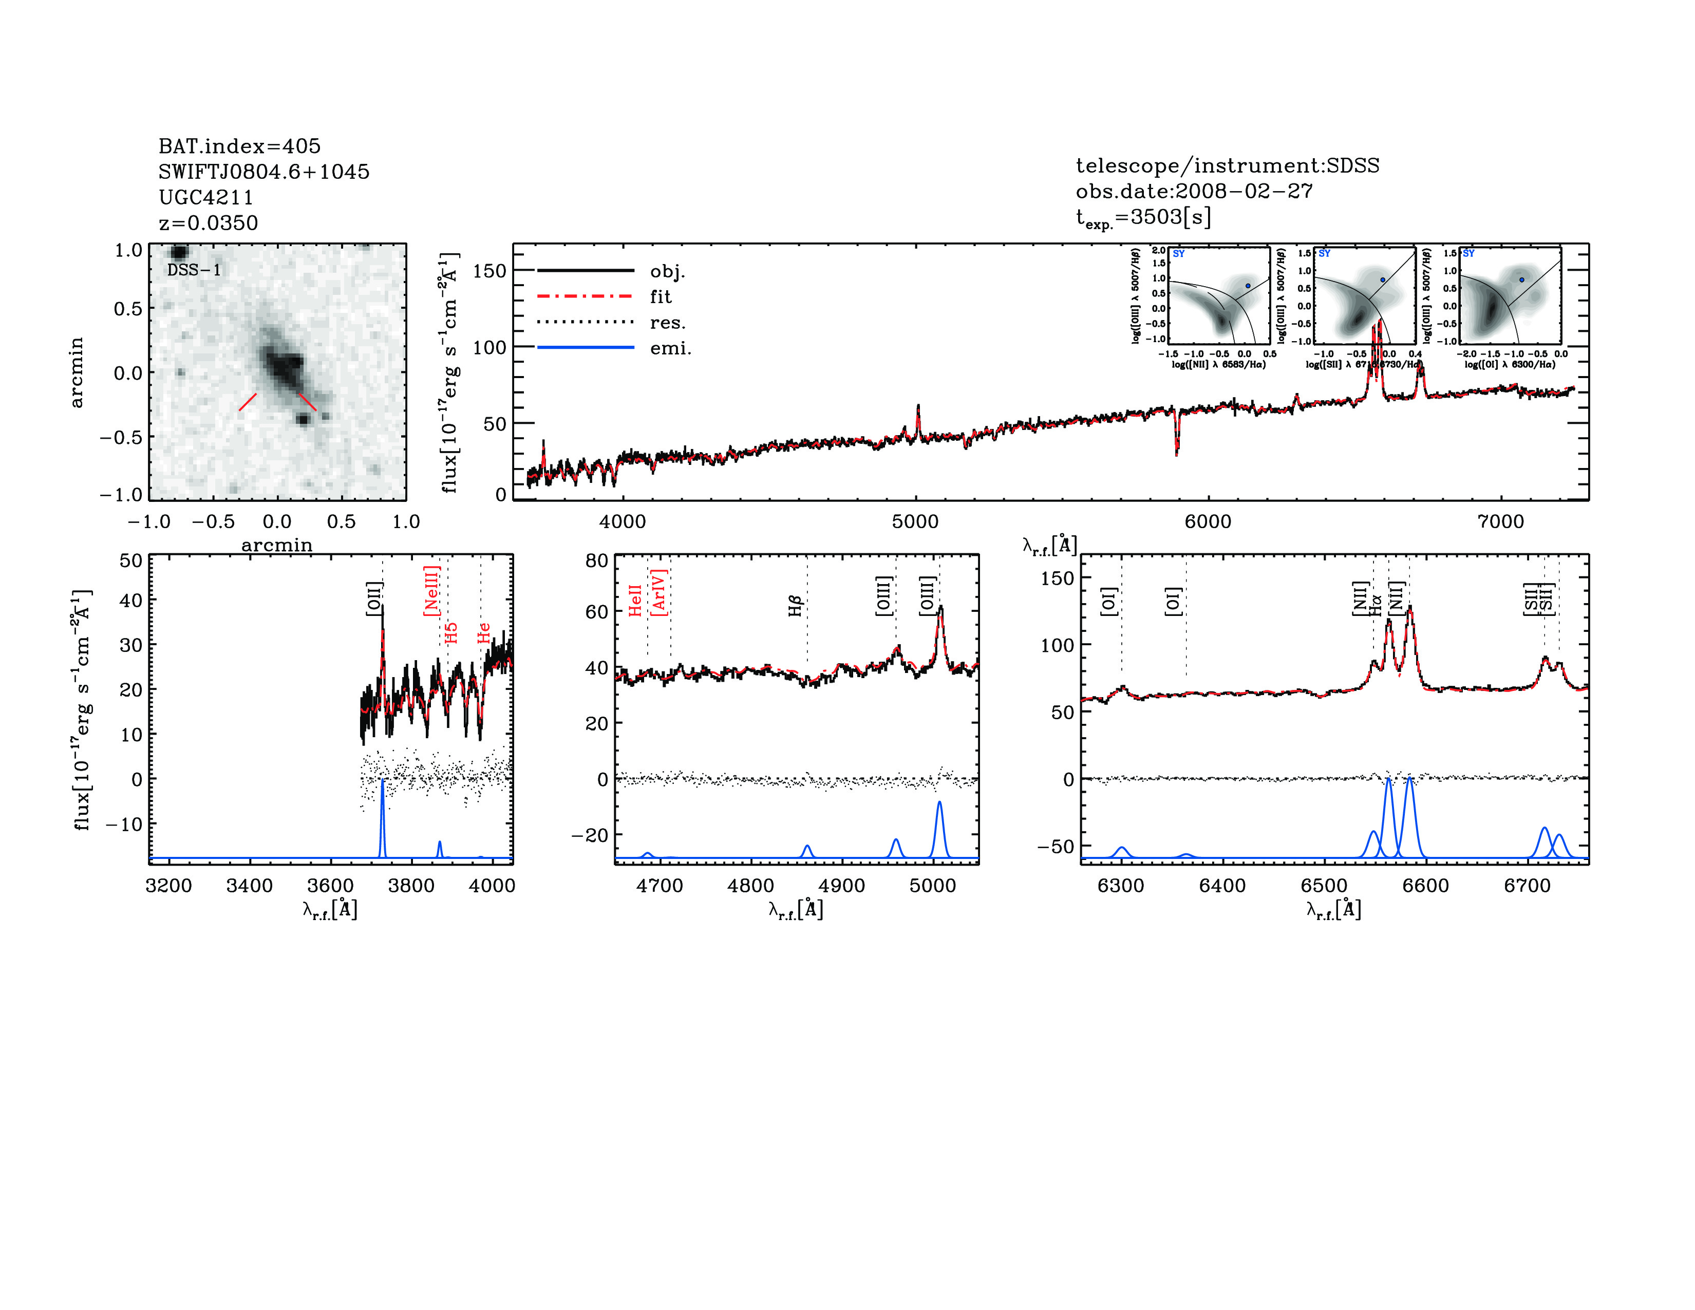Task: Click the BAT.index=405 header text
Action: point(239,146)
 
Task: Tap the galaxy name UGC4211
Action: point(205,197)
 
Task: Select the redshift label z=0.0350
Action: point(208,223)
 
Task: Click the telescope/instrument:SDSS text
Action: point(1227,165)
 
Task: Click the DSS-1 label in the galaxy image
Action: point(194,270)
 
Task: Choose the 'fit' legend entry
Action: point(661,296)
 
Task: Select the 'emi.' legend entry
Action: point(670,348)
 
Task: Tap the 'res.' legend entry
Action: point(667,322)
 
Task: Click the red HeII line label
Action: point(635,601)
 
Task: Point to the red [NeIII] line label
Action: point(431,591)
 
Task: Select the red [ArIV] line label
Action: point(659,594)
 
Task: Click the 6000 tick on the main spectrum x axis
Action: point(1208,521)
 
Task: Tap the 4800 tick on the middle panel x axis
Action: point(750,886)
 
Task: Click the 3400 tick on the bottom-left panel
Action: point(249,886)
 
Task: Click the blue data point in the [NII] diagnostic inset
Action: point(1248,286)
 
